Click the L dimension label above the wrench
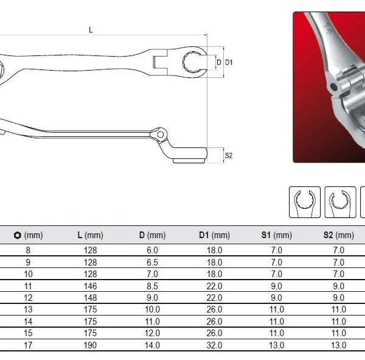pyautogui.click(x=91, y=30)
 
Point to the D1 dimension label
pyautogui.click(x=229, y=62)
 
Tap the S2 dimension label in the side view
pyautogui.click(x=229, y=155)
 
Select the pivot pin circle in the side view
pyautogui.click(x=160, y=135)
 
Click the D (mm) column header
pyautogui.click(x=152, y=235)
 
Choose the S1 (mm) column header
pyautogui.click(x=277, y=235)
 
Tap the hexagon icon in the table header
pyautogui.click(x=17, y=235)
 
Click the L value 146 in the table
pyautogui.click(x=90, y=286)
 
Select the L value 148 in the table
pyautogui.click(x=90, y=298)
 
